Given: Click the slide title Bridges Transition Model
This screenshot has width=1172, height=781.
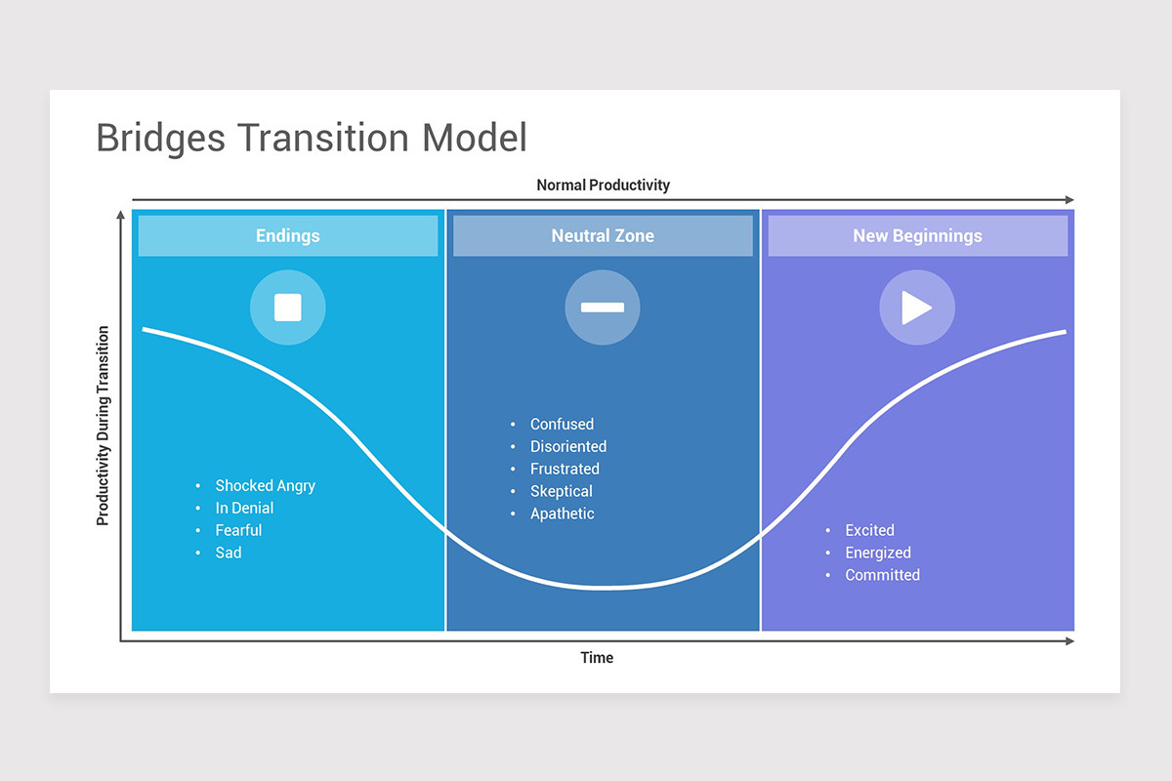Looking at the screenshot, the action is [x=312, y=138].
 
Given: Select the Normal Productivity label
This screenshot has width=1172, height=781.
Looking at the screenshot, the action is [x=603, y=185].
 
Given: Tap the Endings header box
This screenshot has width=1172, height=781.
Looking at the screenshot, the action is [x=288, y=235].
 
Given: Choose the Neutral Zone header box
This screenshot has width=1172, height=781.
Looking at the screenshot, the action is [x=603, y=235].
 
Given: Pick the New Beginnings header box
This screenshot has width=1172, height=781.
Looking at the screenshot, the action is [x=918, y=235].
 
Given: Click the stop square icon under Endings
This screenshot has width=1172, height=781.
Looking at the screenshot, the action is [x=288, y=308].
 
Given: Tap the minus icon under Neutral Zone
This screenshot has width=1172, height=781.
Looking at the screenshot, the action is [x=603, y=308].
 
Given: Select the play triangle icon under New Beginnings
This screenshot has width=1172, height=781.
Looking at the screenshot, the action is [x=917, y=308].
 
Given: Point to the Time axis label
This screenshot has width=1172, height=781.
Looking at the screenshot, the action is [x=597, y=658].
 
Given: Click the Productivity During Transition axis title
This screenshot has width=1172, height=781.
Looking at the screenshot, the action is [x=103, y=426].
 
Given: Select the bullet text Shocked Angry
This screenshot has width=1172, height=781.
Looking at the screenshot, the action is [x=266, y=486].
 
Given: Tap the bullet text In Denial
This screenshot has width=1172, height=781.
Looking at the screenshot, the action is [x=244, y=508].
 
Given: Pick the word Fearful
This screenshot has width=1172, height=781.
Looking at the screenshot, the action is [x=238, y=530].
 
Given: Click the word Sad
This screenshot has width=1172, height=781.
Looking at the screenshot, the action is [x=229, y=553].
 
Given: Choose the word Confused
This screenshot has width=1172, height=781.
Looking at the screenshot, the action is [x=562, y=424].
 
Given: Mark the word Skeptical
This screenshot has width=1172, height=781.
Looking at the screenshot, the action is [x=562, y=491].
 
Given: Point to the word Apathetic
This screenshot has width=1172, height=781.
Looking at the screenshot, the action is [x=563, y=514].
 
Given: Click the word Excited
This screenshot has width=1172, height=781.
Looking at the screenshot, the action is [x=869, y=530].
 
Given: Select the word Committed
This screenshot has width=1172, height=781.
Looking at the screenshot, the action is [x=883, y=575].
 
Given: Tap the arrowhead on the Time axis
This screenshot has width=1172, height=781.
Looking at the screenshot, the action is [x=1069, y=640].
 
